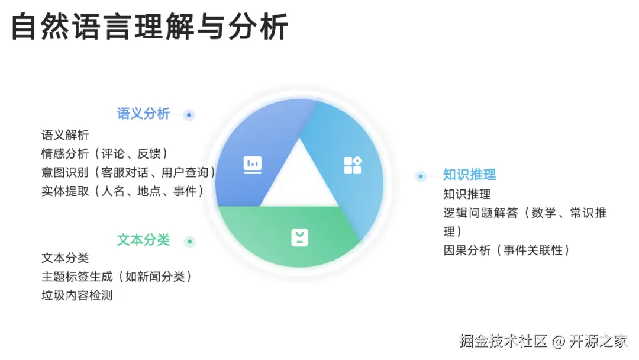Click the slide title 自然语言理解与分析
[x=150, y=27]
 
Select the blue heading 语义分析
[x=143, y=114]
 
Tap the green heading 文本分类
[x=143, y=240]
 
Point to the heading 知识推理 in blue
[x=470, y=175]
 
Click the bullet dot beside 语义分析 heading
[x=189, y=115]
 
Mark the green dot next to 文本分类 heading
[x=189, y=242]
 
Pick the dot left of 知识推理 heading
[x=421, y=176]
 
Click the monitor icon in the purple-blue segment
[x=253, y=164]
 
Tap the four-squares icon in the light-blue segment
[x=353, y=165]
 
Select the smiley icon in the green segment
[x=300, y=237]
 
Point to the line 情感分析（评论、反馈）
[x=105, y=154]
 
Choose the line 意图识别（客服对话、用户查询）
[x=128, y=172]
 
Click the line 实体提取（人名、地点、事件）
[x=122, y=191]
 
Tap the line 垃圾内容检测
[x=77, y=295]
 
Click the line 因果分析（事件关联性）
[x=507, y=250]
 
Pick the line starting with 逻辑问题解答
[x=525, y=213]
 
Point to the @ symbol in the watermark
[x=559, y=342]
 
